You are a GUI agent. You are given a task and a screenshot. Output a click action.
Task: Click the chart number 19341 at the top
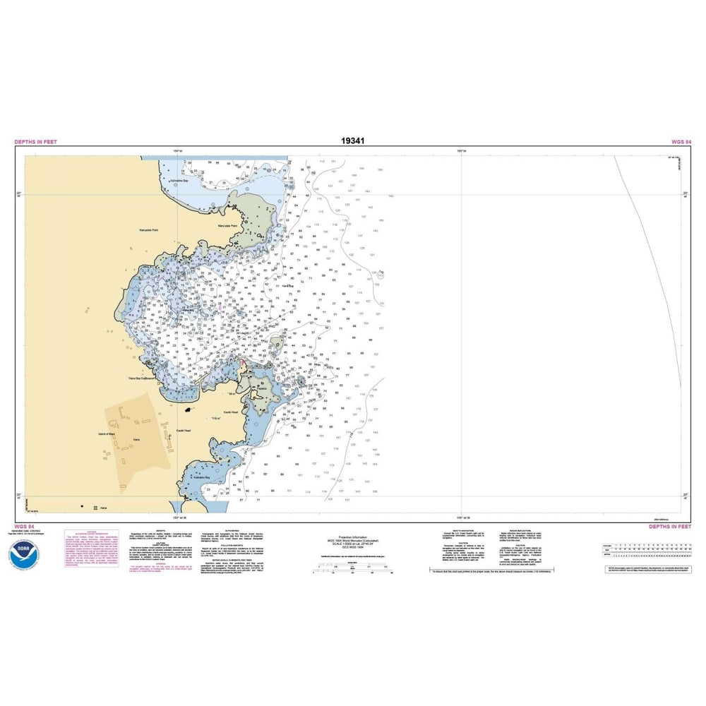coord(352,140)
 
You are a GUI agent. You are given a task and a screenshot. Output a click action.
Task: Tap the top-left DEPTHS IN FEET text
coord(35,142)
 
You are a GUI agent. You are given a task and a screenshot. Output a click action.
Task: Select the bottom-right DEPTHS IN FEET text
coord(670,526)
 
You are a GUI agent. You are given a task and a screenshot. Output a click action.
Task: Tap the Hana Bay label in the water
coord(287,286)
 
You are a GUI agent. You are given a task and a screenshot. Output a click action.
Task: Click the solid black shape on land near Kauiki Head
coord(188,409)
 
